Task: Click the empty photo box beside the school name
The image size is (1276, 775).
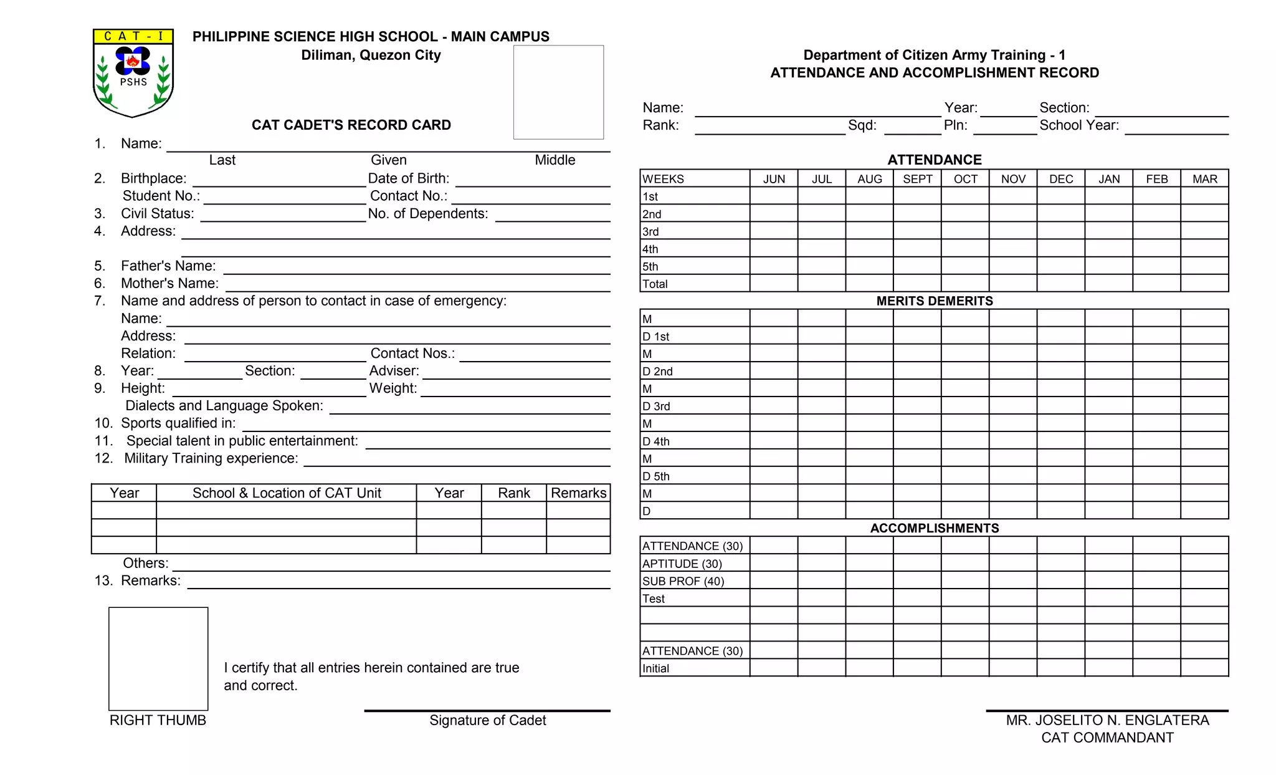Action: [558, 92]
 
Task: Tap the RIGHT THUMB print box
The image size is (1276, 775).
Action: [158, 658]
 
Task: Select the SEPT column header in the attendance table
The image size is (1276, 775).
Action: [917, 179]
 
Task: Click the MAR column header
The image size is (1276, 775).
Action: [1204, 179]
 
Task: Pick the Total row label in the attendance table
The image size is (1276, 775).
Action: [655, 284]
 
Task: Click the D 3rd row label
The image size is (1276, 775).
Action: [657, 407]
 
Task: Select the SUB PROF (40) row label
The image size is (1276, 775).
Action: [683, 581]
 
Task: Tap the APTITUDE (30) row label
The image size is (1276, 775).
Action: [682, 564]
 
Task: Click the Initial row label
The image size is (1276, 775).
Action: [655, 668]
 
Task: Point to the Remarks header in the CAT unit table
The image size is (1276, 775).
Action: [578, 493]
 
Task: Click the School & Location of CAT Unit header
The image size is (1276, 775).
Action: [287, 493]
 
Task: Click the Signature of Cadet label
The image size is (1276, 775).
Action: [487, 721]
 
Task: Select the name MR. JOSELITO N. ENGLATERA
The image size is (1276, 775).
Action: [1107, 721]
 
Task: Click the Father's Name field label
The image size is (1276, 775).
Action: [168, 266]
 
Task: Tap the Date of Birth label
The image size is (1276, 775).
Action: [408, 179]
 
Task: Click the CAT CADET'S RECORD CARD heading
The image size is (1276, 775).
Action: [351, 125]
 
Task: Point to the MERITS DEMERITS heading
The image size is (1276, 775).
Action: [934, 301]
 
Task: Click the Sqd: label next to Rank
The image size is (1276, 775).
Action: [862, 125]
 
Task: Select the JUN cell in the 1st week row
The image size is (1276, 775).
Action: [774, 196]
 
